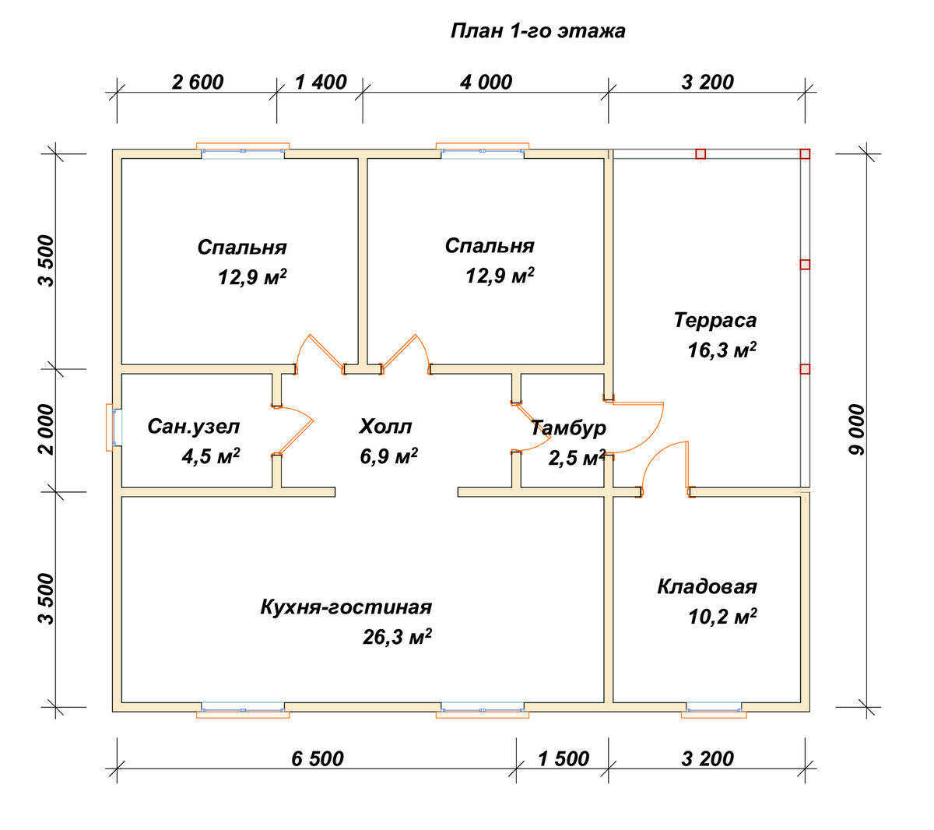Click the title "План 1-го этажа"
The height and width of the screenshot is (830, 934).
pos(538,31)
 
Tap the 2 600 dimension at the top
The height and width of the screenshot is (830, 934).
pos(198,83)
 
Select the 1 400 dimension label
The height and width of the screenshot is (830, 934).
pos(321,83)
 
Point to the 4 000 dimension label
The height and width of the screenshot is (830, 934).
pos(486,83)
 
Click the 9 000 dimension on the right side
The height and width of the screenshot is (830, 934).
pos(857,430)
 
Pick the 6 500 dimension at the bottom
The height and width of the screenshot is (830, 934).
pos(318,758)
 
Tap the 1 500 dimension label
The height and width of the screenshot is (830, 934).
pos(564,758)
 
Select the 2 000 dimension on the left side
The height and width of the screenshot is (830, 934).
pos(47,429)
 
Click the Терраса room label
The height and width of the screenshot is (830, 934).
pos(715,321)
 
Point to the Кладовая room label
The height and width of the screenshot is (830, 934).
pos(708,587)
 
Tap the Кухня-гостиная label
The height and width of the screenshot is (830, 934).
pos(346,607)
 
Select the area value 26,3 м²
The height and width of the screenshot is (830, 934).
pos(397,637)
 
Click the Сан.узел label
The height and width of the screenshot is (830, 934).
pos(194,427)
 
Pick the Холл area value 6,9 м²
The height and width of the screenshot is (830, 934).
pos(388,456)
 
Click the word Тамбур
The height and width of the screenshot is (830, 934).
pos(568,428)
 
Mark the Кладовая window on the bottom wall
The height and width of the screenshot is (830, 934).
pos(714,710)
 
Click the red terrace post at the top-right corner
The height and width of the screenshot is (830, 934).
pos(805,154)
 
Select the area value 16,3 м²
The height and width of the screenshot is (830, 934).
pos(722,350)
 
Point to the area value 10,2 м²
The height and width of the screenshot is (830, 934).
pos(722,617)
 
